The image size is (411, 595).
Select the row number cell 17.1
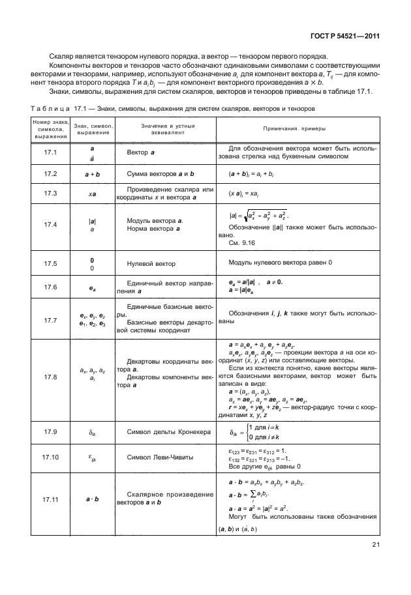pos(50,152)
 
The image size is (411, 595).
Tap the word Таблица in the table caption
pos(49,108)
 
